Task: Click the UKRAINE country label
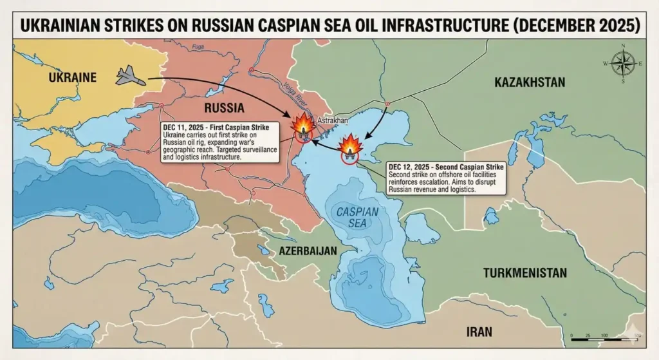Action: (72, 77)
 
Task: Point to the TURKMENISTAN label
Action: (525, 272)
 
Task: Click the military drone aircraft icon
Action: (130, 77)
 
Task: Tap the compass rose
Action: (622, 63)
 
